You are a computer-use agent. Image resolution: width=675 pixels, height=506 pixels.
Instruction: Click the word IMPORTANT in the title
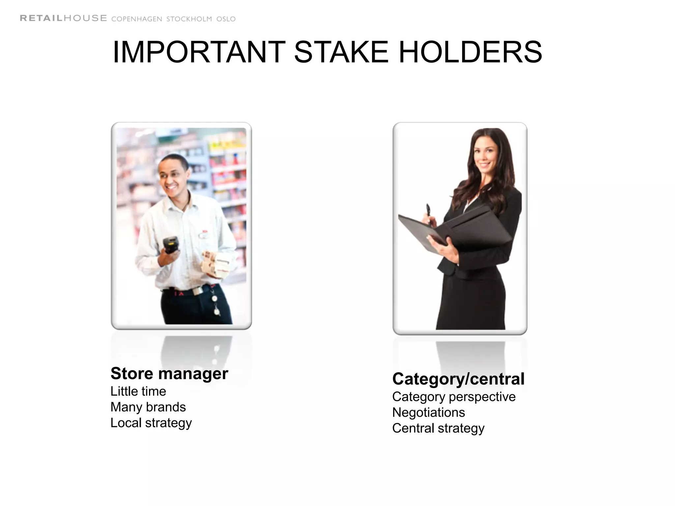coord(199,52)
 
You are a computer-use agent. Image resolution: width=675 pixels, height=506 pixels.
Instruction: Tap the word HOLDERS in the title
coord(470,52)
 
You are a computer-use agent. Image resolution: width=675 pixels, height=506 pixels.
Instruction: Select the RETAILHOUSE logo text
coord(63,18)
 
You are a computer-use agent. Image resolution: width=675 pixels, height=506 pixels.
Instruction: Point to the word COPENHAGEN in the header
coord(137,19)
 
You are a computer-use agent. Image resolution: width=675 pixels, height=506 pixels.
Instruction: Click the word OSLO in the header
coord(226,19)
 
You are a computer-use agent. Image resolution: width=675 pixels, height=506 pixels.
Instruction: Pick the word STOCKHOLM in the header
coord(189,19)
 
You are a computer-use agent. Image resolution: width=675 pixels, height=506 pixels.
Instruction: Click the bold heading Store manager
coord(169,374)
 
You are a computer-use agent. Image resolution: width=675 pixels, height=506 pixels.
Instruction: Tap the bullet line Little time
coord(138,391)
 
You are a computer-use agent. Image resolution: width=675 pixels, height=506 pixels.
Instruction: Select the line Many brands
coord(148,407)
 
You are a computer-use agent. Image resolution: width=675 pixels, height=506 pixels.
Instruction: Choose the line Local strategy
coord(151,423)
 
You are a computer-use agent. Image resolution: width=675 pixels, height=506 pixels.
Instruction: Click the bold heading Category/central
coord(458,379)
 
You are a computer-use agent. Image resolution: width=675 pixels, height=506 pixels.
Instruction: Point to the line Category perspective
coord(454,397)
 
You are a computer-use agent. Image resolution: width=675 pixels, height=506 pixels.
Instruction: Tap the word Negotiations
coord(428,412)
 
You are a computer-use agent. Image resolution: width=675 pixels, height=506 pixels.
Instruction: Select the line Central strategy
coord(438,428)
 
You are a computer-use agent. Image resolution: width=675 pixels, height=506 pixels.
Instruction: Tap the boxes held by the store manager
coord(214,264)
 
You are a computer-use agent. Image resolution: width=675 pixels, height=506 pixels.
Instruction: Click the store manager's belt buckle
coord(197,291)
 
